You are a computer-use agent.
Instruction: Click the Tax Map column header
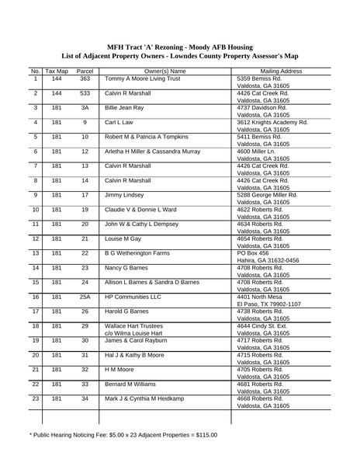pyautogui.click(x=57, y=71)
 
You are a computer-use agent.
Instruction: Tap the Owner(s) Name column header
pyautogui.click(x=165, y=71)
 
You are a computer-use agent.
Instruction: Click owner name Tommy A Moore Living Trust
pyautogui.click(x=142, y=79)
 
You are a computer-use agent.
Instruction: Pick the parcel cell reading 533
pyautogui.click(x=85, y=93)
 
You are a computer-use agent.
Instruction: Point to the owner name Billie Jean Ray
pyautogui.click(x=124, y=108)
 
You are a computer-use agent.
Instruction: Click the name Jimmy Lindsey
pyautogui.click(x=124, y=195)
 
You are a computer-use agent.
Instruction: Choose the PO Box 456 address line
pyautogui.click(x=255, y=253)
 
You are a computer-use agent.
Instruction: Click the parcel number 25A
pyautogui.click(x=85, y=297)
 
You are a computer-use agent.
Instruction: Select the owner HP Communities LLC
pyautogui.click(x=133, y=297)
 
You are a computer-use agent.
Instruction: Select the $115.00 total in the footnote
pyautogui.click(x=205, y=435)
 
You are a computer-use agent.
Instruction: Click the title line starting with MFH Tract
pyautogui.click(x=180, y=46)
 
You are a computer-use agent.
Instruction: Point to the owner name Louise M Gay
pyautogui.click(x=123, y=238)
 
